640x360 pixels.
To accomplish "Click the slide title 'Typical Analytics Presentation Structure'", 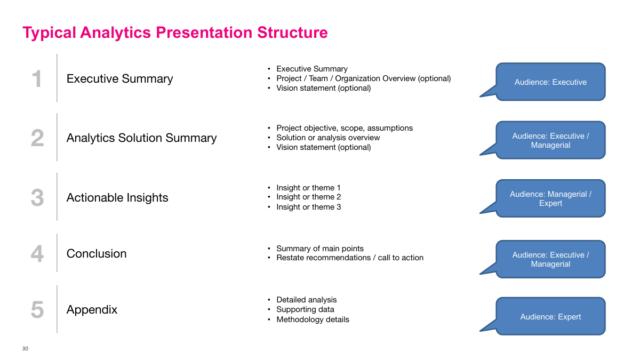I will coord(175,33).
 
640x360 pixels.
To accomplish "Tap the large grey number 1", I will coord(37,79).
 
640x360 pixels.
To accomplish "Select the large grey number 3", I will coord(37,198).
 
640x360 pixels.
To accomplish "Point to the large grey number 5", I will coord(37,310).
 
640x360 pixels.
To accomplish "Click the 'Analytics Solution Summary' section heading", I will coord(141,138).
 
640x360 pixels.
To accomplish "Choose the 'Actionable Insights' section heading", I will coord(117,198).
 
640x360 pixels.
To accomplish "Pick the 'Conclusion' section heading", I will coord(96,254).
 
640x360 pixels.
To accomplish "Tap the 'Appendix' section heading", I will coord(92,310).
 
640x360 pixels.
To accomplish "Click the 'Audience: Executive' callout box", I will coord(550,82).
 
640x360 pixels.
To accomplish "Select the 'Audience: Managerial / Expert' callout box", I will coord(550,198).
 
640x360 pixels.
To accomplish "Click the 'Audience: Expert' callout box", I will coord(550,317).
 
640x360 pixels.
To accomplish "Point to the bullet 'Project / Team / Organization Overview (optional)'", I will coord(363,78).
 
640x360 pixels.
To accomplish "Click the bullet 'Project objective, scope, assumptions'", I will coord(344,128).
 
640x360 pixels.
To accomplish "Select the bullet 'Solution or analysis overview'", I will coord(328,138).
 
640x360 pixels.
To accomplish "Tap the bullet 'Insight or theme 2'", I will coord(308,197).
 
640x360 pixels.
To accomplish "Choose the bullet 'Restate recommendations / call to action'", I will coord(349,258).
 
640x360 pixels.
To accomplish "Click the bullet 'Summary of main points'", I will coord(319,249).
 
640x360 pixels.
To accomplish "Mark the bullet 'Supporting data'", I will coord(305,309).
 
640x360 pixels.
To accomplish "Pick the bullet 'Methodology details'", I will coord(313,319).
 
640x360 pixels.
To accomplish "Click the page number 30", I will coord(25,349).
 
